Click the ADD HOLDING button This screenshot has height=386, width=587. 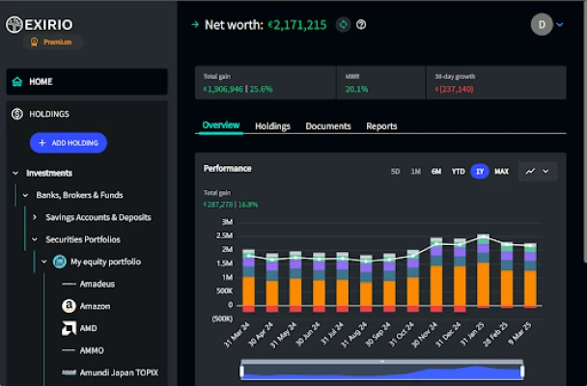point(68,143)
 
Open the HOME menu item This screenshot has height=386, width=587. point(41,82)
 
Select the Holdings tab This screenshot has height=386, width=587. point(272,126)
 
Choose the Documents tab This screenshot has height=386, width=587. point(327,126)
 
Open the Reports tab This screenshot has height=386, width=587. point(381,126)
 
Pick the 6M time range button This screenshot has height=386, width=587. point(436,172)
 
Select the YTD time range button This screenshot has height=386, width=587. point(458,172)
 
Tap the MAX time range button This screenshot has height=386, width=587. point(501,172)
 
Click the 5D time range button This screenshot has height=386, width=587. point(395,172)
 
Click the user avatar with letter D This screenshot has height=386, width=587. point(542,24)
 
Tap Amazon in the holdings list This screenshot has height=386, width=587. point(95,306)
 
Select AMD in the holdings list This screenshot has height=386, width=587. point(89,328)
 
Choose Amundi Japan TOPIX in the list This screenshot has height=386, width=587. point(118,372)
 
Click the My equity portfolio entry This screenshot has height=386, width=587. point(105,262)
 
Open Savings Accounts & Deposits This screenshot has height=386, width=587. point(98,217)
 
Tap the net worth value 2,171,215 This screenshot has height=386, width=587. point(299,24)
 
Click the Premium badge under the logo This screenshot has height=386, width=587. point(57,42)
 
